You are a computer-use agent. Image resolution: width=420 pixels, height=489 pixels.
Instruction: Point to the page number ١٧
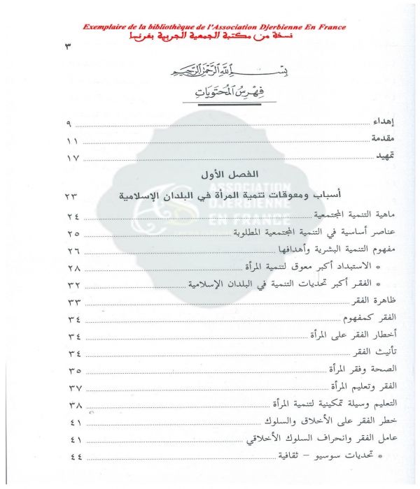point(73,159)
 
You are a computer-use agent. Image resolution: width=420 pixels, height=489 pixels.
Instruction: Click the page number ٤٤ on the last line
point(74,456)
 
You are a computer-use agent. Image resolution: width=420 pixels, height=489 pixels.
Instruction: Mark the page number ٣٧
point(74,387)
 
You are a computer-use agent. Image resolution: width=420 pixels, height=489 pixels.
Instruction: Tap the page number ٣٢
point(74,284)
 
